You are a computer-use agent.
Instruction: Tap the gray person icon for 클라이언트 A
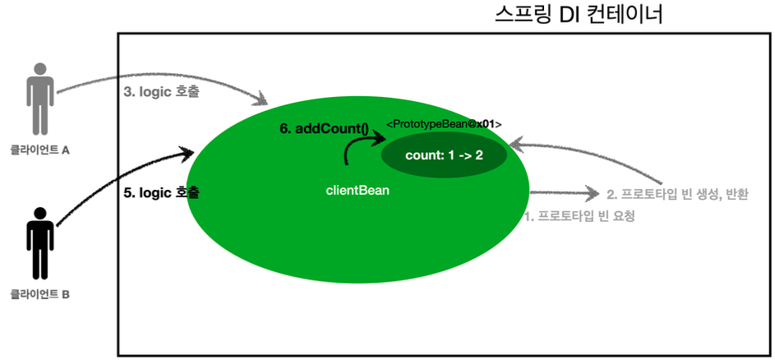tap(39, 99)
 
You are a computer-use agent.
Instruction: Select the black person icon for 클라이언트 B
tap(39, 243)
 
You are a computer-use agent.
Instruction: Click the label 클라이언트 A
tap(39, 150)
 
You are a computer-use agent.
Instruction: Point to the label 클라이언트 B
tap(39, 293)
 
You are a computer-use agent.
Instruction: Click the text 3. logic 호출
tap(161, 93)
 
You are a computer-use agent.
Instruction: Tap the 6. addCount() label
tap(326, 129)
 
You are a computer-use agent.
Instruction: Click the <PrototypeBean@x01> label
tap(444, 124)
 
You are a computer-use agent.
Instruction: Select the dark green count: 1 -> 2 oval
tap(444, 155)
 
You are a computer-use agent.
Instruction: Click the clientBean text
tap(358, 191)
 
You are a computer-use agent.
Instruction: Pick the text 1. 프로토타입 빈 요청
tap(579, 217)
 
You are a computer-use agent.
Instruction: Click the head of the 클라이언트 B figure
tap(39, 214)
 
